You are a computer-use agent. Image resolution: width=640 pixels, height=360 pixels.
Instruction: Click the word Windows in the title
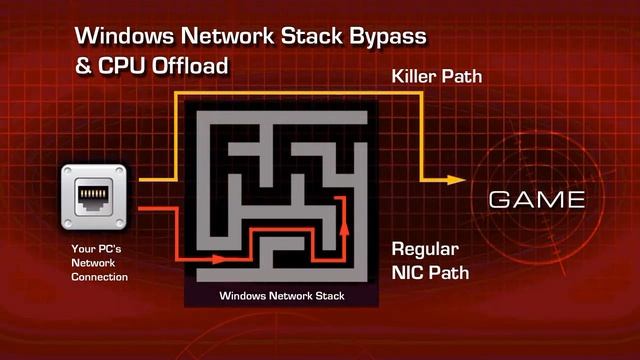tap(124, 36)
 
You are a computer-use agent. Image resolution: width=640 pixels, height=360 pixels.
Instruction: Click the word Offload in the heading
tap(190, 66)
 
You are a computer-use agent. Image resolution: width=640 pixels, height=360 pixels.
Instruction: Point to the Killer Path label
tap(437, 76)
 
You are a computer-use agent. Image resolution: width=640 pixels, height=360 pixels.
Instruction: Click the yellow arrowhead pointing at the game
tap(456, 180)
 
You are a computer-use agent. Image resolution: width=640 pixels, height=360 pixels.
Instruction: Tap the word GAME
tap(537, 200)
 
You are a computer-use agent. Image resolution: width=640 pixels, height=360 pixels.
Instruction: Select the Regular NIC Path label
tap(430, 261)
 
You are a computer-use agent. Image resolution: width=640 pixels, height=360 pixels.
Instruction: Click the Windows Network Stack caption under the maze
tap(282, 296)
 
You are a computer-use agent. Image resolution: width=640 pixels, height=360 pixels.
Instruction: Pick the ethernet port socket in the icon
tap(93, 196)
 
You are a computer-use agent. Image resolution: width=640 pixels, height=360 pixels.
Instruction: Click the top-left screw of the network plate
tap(68, 171)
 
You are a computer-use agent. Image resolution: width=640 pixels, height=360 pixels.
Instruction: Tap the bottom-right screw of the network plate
tap(120, 223)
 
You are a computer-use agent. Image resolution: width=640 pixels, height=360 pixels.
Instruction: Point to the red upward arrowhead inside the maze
tap(344, 228)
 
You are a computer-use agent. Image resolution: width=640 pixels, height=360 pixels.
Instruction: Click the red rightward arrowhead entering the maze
tap(219, 259)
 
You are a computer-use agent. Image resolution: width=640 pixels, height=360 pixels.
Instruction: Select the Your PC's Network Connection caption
tap(99, 263)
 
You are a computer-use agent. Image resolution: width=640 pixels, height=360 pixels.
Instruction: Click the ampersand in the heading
tap(83, 66)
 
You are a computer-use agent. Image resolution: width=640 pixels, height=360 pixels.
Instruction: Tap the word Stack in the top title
tap(312, 36)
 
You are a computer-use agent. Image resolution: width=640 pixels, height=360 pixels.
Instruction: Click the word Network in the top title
tap(227, 36)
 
